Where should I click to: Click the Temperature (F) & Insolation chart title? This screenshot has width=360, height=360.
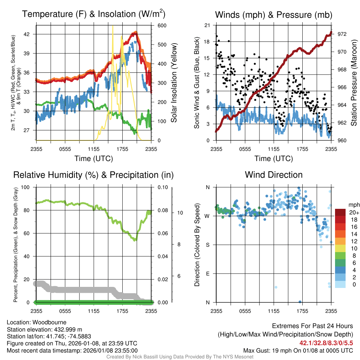(94, 14)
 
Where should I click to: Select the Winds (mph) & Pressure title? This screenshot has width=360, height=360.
(274, 15)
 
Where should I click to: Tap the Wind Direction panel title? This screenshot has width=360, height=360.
(274, 175)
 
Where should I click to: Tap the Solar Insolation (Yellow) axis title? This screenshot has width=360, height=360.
(174, 83)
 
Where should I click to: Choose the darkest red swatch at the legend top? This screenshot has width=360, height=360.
(340, 212)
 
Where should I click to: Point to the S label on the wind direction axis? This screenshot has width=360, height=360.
(207, 245)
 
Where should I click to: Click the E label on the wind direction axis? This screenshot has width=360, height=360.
(207, 274)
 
